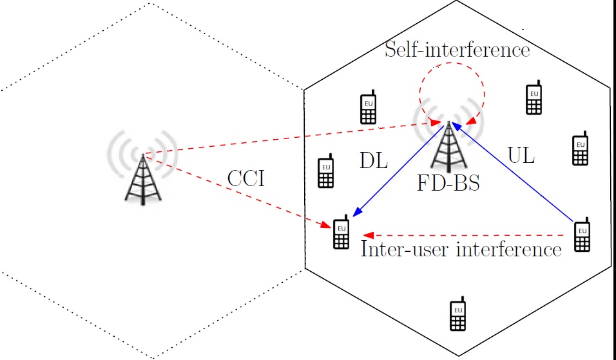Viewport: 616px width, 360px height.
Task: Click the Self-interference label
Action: point(457,50)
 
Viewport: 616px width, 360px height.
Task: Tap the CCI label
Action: point(245,178)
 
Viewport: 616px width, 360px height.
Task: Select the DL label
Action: point(374,161)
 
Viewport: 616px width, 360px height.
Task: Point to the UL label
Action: point(521,156)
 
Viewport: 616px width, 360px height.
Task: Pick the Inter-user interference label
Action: point(461,250)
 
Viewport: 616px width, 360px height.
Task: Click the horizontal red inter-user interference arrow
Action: point(464,235)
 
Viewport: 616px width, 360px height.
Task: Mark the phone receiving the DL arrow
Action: point(341,234)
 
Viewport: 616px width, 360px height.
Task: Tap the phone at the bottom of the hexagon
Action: point(457,315)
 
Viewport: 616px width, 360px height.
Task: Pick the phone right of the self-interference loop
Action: point(533,99)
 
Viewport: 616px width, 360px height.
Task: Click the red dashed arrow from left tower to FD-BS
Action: point(290,138)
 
